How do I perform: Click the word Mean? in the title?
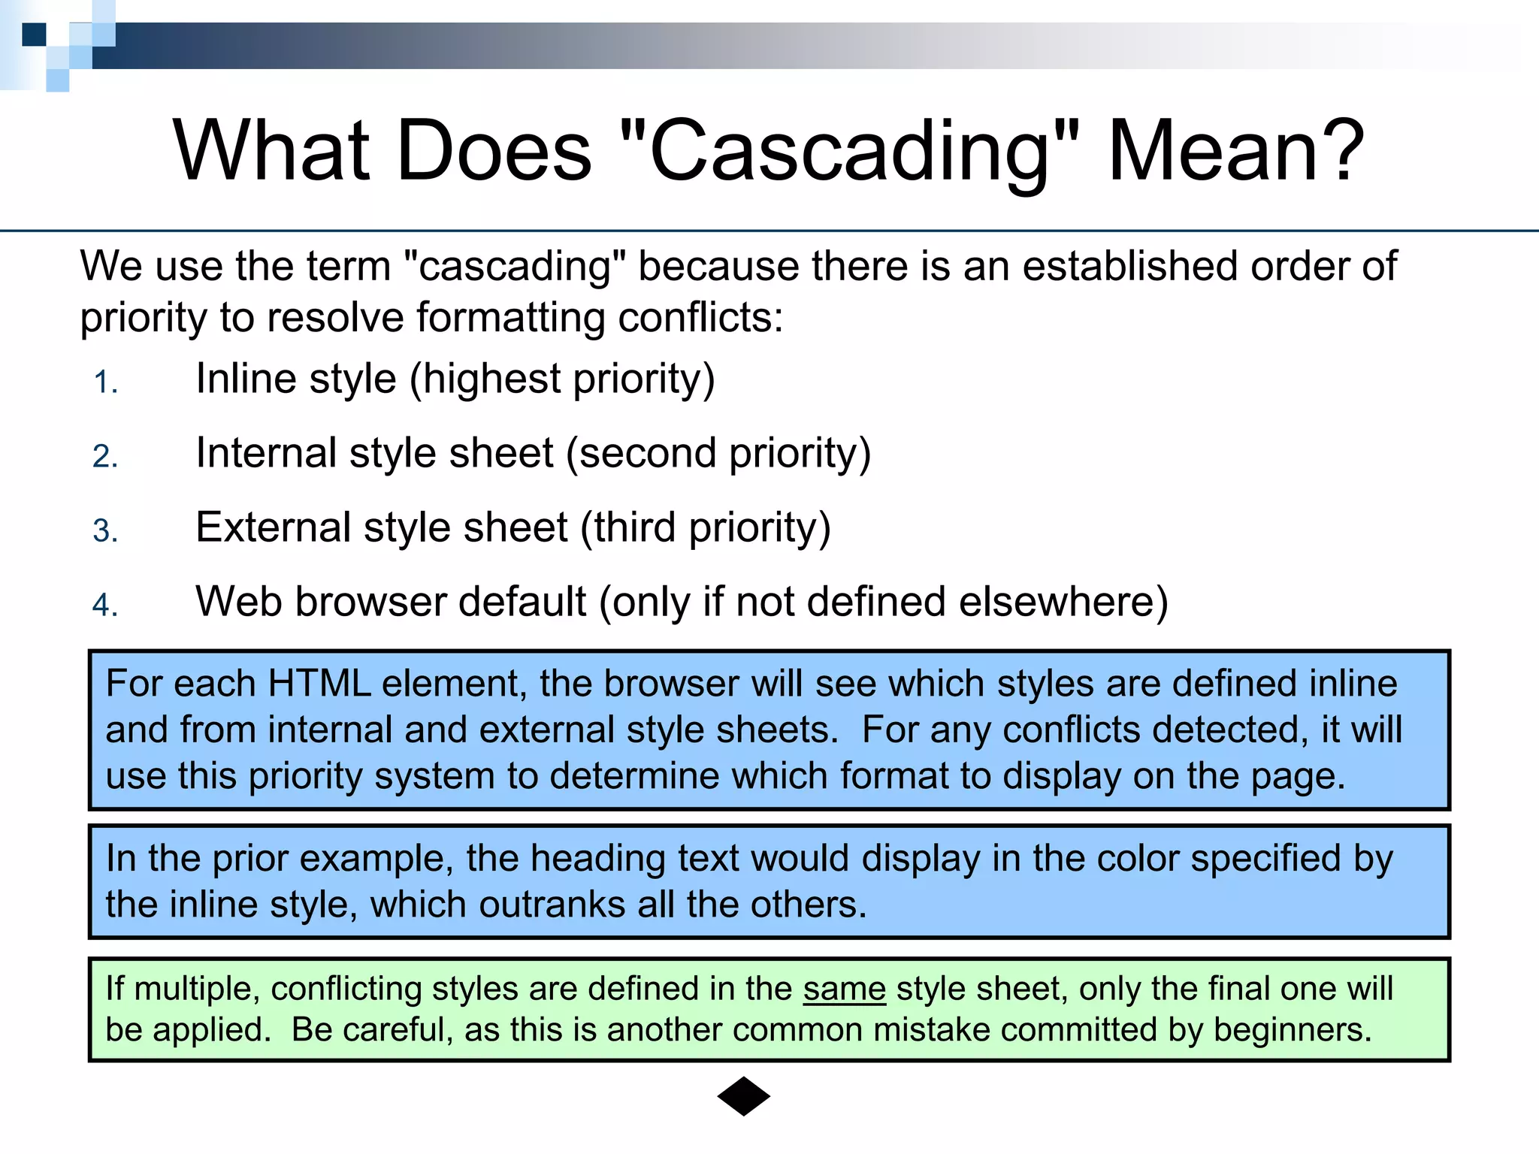point(1235,152)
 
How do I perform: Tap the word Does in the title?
point(494,152)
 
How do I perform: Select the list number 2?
point(105,457)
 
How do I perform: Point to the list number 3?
point(105,531)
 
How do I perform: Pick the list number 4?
point(105,606)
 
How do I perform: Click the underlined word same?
point(844,989)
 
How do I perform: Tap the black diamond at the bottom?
point(743,1096)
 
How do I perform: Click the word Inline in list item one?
point(246,378)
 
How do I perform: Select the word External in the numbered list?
point(273,527)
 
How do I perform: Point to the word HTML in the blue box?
point(319,684)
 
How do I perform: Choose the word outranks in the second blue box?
point(552,905)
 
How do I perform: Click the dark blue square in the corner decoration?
point(34,35)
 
